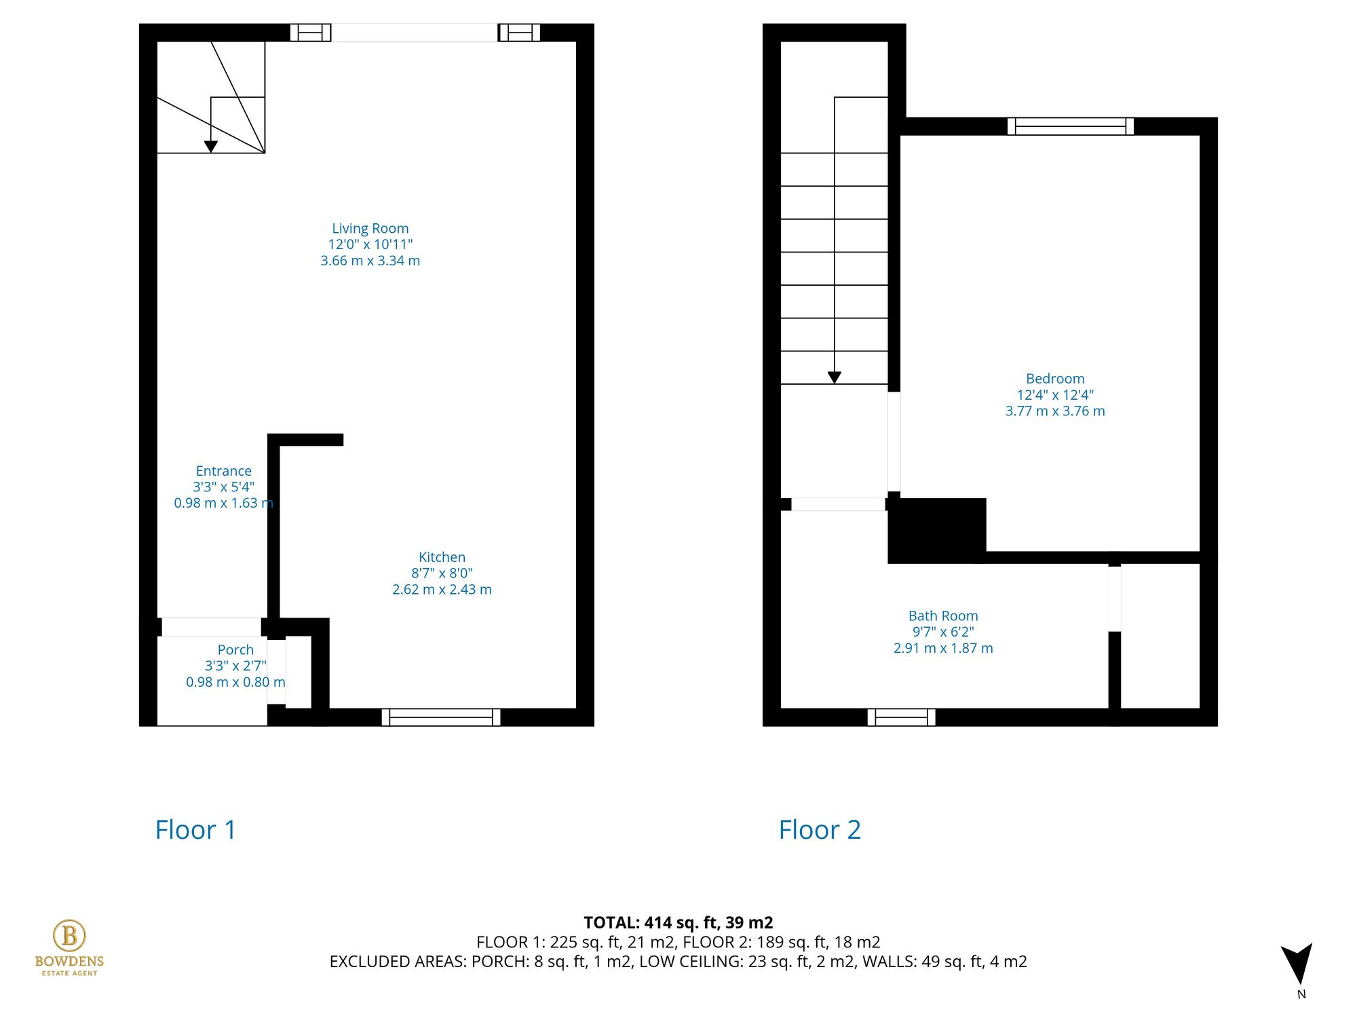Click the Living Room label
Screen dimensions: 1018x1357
tap(370, 229)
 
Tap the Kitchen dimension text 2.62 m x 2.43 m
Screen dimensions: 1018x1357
tap(442, 590)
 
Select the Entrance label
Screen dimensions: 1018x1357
tap(223, 471)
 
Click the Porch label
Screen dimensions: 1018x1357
tap(235, 650)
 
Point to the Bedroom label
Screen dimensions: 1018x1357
tap(1054, 379)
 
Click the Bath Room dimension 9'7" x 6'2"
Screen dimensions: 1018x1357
tap(942, 632)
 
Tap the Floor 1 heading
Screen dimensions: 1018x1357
tap(195, 829)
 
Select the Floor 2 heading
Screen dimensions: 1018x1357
tap(819, 829)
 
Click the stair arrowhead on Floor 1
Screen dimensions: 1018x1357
tap(211, 147)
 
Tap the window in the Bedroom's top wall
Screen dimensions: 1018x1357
tap(1070, 126)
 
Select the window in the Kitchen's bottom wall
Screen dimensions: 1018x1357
tap(441, 717)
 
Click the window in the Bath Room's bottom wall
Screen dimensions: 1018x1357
tap(901, 717)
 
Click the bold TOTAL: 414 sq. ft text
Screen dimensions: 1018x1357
tap(678, 922)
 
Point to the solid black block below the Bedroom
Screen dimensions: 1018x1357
tap(936, 530)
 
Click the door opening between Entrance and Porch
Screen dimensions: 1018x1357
tap(211, 627)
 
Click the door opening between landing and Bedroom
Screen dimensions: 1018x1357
tap(894, 441)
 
